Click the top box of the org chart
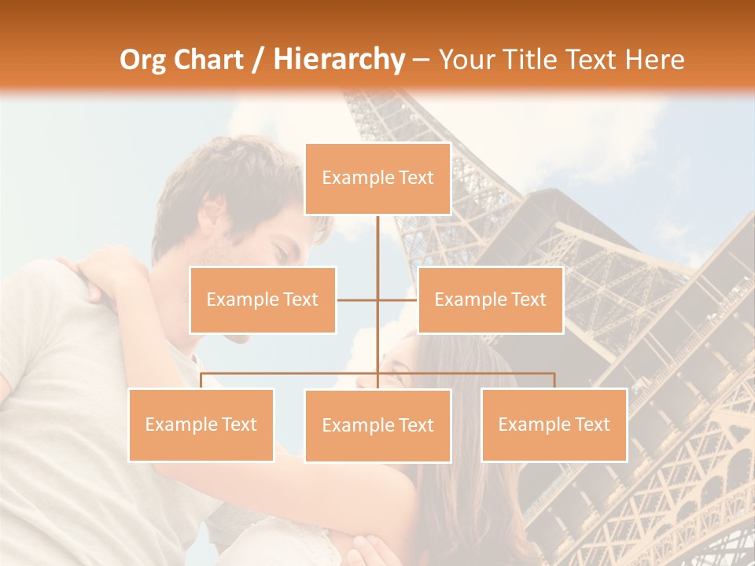click(377, 178)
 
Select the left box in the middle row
click(263, 300)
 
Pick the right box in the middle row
click(490, 300)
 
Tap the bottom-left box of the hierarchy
click(201, 424)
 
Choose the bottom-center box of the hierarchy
click(377, 425)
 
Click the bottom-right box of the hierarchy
click(554, 424)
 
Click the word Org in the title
click(142, 60)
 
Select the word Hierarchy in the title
click(339, 60)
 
